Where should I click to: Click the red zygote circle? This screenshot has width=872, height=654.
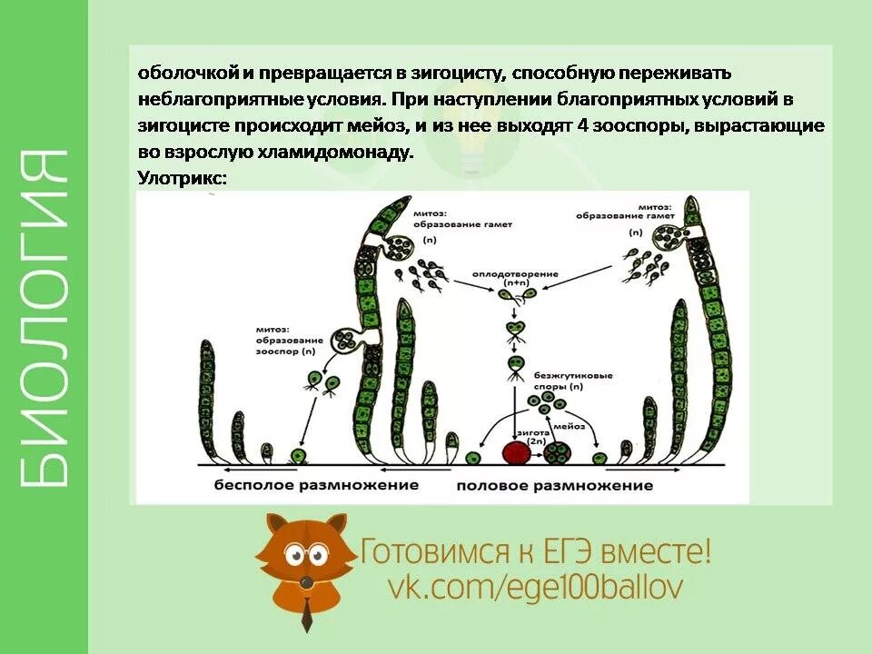click(x=516, y=452)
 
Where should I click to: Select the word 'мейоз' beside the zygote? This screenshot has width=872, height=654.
click(x=570, y=425)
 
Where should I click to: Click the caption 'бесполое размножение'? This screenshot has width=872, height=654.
click(x=316, y=485)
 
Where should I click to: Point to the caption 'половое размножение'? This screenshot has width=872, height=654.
click(x=555, y=485)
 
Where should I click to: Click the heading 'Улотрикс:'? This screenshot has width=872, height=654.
click(x=182, y=178)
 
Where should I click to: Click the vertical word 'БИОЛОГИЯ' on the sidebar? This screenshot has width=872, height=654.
click(x=44, y=318)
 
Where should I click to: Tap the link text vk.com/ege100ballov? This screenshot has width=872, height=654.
click(x=535, y=587)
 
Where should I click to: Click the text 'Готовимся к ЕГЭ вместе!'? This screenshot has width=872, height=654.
click(x=536, y=551)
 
